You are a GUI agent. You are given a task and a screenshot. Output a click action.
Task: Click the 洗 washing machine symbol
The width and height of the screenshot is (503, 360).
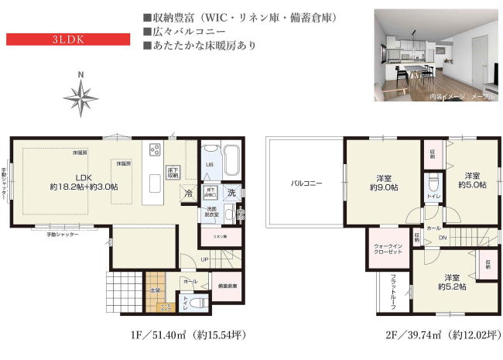click(x=231, y=193)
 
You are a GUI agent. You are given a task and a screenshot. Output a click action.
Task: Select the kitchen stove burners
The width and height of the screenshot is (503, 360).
click(x=154, y=150)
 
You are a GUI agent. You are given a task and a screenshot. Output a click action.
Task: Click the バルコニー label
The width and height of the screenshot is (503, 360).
click(x=306, y=183)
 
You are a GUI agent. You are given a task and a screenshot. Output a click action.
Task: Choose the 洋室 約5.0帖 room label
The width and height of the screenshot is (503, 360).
click(x=471, y=180)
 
